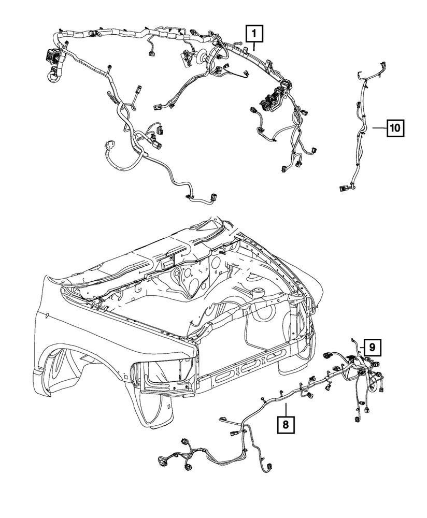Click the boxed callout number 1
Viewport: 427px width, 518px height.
(254, 34)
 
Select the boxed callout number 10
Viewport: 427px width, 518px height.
(395, 127)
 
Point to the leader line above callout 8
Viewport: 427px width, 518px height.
(286, 409)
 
